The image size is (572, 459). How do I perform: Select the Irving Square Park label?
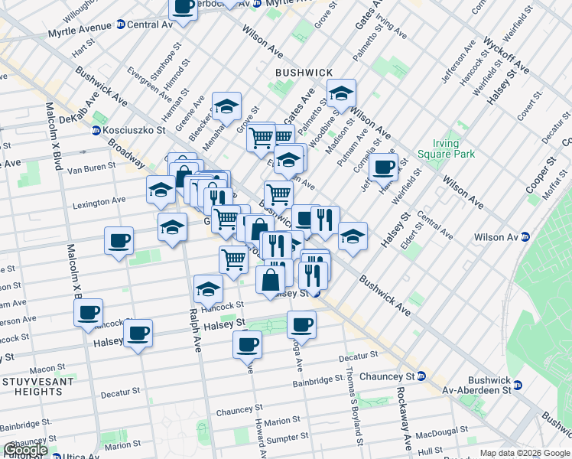(435, 148)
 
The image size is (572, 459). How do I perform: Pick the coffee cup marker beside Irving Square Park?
(383, 166)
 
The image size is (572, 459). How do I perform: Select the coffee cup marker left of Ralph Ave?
(119, 240)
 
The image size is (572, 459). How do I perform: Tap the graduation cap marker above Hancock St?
(208, 288)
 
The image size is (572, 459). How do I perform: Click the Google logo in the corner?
(24, 450)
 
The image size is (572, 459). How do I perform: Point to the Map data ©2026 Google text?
(524, 453)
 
